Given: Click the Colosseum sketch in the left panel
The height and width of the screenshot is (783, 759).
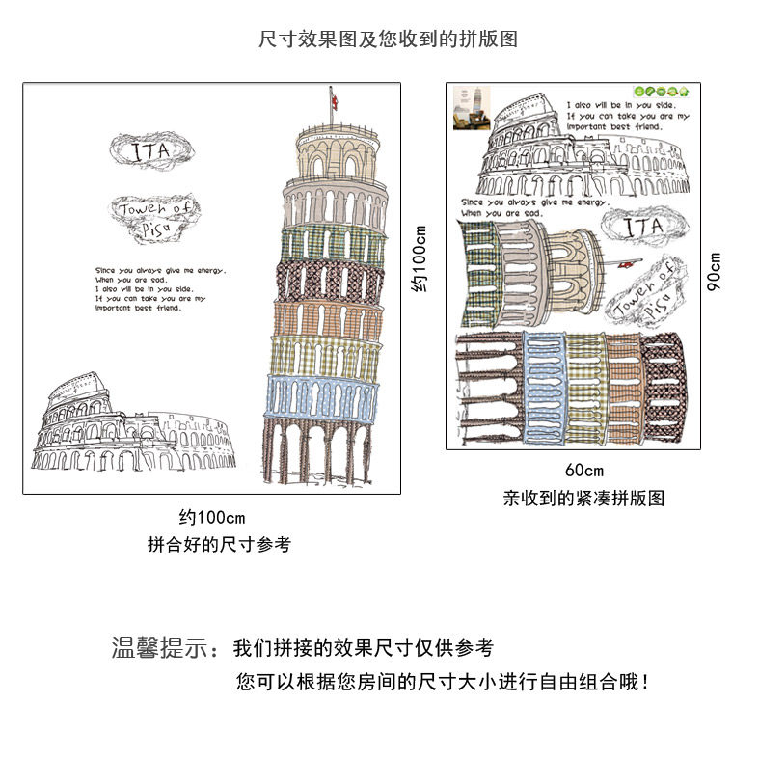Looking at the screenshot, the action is coord(135,429).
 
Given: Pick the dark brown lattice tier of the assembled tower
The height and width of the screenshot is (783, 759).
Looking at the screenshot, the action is coord(318,282).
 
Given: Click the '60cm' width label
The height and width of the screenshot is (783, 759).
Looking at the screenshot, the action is coord(583,471).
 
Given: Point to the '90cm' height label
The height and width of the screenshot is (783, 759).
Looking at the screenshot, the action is coord(715,270).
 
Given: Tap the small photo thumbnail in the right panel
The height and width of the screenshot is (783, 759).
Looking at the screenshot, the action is coord(473,107).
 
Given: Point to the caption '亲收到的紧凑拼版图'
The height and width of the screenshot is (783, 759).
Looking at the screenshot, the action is coord(583,499).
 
